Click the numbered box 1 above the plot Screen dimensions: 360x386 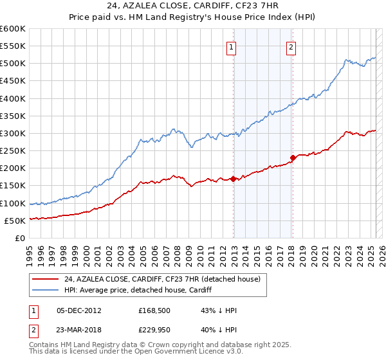230,46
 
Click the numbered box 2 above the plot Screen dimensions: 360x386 291,46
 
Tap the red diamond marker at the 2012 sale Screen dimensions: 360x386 234,179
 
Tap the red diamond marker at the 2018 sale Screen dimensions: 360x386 293,157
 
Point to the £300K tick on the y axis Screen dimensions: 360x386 13,133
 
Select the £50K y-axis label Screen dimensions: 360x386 15,221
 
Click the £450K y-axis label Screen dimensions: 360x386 13,81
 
